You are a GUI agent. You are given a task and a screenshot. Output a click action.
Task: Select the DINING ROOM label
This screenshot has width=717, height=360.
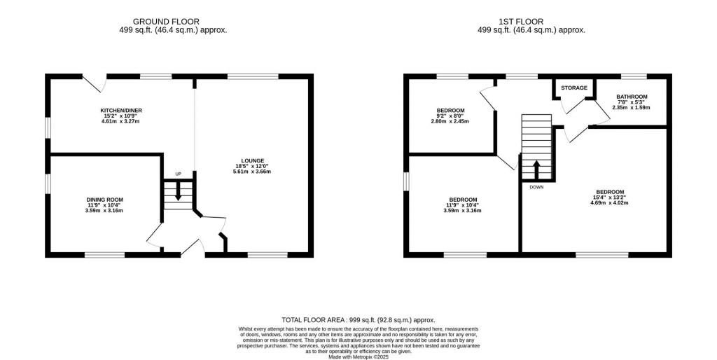tap(105, 200)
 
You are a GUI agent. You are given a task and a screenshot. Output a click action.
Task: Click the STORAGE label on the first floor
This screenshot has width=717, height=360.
tap(574, 88)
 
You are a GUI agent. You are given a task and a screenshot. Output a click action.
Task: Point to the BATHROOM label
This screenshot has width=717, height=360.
tap(632, 97)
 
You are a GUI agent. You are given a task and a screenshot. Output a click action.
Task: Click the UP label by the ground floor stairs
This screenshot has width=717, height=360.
tap(179, 174)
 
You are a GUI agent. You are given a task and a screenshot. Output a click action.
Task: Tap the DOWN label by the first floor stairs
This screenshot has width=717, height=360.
tap(537, 187)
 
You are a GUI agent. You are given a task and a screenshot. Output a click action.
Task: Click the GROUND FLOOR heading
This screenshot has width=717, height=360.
tap(166, 22)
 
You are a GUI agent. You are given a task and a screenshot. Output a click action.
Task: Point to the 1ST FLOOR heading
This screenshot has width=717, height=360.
tap(521, 22)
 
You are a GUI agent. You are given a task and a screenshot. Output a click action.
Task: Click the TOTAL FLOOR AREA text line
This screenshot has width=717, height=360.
tap(358, 320)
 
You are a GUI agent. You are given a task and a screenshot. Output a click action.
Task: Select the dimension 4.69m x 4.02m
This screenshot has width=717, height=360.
tap(610, 202)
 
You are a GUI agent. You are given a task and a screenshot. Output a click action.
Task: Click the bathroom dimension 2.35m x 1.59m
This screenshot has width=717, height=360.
tap(632, 107)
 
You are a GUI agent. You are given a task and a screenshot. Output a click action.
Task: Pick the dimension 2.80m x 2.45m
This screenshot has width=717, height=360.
tap(450, 121)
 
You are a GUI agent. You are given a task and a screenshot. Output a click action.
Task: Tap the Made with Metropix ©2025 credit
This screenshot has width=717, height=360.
tap(358, 356)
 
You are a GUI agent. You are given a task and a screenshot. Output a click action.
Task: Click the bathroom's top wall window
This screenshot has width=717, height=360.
tap(633, 76)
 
